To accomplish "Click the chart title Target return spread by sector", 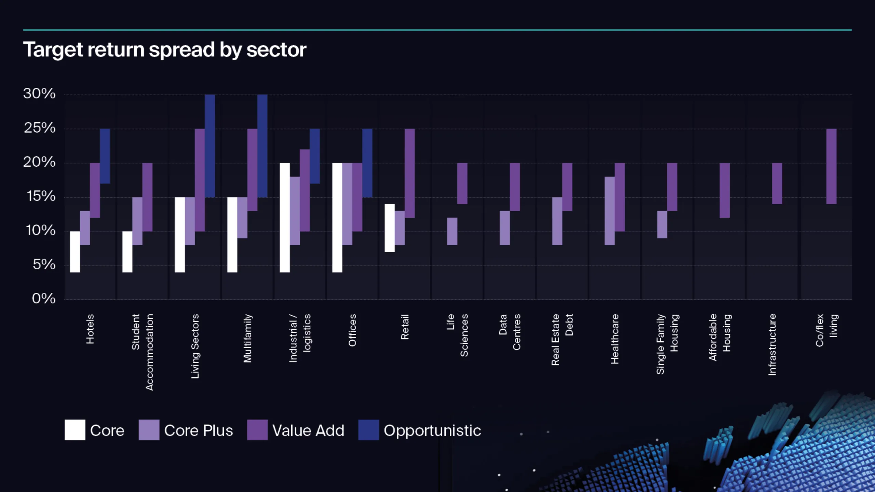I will point(164,50).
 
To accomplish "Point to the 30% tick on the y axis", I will point(39,94).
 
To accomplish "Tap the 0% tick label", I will point(44,299).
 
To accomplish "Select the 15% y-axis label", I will point(41,196).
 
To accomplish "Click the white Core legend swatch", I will point(75,430).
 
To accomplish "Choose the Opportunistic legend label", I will point(432,430).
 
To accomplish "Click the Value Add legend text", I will point(308,430).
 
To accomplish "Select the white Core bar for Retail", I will point(390,228).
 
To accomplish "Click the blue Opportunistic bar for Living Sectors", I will point(210,146).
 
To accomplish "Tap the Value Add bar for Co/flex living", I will point(831,166).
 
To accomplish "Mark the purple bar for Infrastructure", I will point(777,183).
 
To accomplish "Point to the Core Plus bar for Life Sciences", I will point(452,231).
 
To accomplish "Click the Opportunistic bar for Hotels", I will point(105,156).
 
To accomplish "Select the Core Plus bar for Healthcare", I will point(609,211).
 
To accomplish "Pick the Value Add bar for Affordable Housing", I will point(725,190).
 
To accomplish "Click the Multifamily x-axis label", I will point(247,338).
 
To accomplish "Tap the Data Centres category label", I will point(510,332).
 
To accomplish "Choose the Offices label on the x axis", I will point(352,330).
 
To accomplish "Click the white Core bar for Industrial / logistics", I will point(285,218).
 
